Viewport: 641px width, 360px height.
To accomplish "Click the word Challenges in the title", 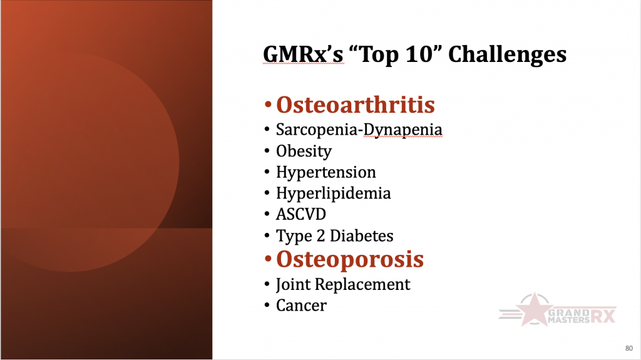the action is (x=507, y=55).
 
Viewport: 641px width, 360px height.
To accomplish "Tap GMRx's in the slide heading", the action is (x=303, y=54).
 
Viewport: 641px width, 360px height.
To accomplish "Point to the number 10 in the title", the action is (x=419, y=54).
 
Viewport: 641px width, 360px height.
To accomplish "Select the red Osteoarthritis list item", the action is (x=356, y=105).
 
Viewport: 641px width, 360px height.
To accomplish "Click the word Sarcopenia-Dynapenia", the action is (x=359, y=130).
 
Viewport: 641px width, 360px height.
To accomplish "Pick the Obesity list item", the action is (x=304, y=152).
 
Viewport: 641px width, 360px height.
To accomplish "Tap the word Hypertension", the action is (x=326, y=173).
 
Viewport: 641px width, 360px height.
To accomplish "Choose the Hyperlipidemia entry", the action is (x=333, y=193).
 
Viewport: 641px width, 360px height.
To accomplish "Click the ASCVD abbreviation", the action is (x=301, y=214).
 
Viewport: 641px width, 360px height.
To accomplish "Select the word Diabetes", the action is (x=361, y=235).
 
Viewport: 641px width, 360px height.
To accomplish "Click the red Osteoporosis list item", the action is (x=350, y=259).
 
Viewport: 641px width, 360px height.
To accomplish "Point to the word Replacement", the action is (x=362, y=285).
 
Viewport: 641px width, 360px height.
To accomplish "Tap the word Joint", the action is (x=293, y=285).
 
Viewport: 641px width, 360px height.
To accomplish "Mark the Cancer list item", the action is (x=301, y=306).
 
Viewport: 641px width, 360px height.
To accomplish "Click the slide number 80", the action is (x=628, y=349).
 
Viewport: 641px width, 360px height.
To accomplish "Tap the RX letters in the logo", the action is (x=603, y=316).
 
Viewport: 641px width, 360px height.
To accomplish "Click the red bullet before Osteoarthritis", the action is (x=268, y=105).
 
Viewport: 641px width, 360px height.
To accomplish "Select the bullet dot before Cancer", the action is (x=267, y=306).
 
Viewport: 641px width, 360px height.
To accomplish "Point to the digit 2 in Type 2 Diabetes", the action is (x=321, y=235).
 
